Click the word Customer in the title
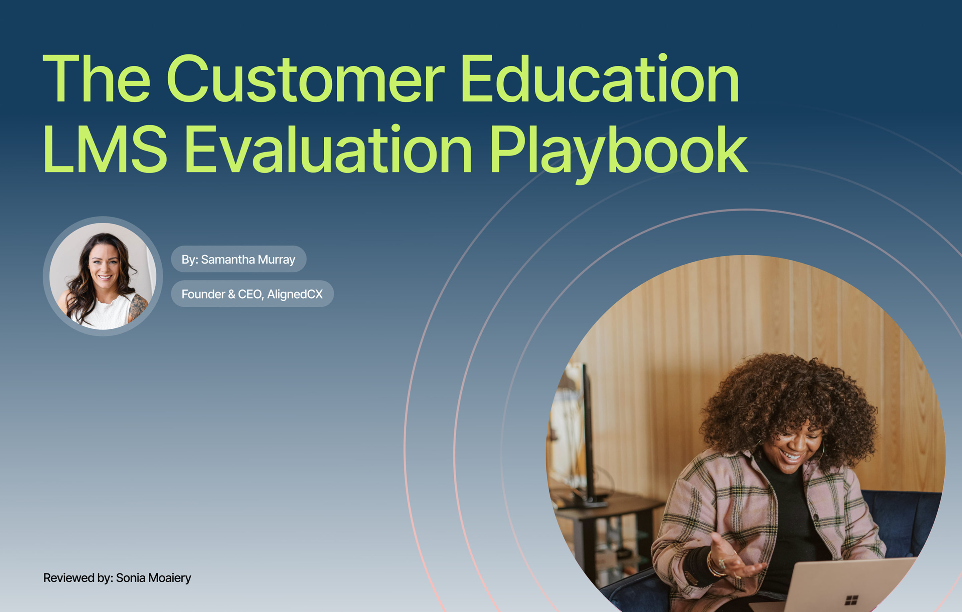tap(306, 79)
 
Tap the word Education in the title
tap(599, 79)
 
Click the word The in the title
tap(96, 79)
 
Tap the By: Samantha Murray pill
tap(238, 259)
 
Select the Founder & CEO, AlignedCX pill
tap(252, 294)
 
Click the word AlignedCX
tap(295, 294)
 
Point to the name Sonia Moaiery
tap(153, 578)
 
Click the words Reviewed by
tap(78, 578)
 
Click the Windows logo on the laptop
tap(851, 600)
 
